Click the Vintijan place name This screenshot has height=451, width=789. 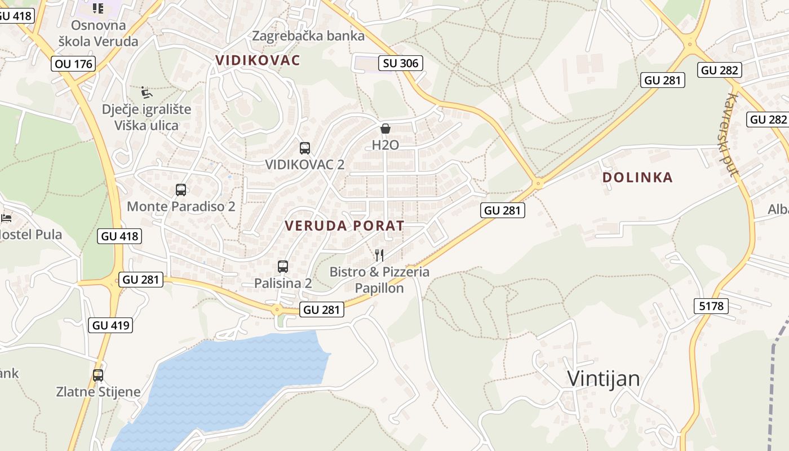tap(603, 378)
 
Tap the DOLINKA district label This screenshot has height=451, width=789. tap(637, 178)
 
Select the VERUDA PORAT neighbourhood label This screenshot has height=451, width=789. tap(344, 226)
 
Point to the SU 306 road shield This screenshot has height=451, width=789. tap(401, 63)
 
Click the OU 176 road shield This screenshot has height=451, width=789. tap(74, 64)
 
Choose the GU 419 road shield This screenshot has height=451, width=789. tap(110, 325)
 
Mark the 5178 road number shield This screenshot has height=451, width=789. tap(711, 306)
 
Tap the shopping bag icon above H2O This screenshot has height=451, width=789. tap(385, 129)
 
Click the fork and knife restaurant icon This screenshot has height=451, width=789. tap(379, 255)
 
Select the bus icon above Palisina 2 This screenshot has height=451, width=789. tap(283, 266)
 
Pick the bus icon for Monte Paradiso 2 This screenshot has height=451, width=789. tap(181, 190)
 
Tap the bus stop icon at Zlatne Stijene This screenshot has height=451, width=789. tap(98, 375)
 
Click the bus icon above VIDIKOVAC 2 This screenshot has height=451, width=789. tap(305, 148)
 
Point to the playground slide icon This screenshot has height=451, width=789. tap(146, 91)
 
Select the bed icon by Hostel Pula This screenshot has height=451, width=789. tap(6, 218)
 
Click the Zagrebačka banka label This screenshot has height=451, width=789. tap(308, 36)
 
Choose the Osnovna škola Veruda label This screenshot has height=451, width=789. tap(98, 33)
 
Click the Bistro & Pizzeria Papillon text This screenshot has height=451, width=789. tap(379, 280)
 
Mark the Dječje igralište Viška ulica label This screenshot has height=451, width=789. tap(146, 117)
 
